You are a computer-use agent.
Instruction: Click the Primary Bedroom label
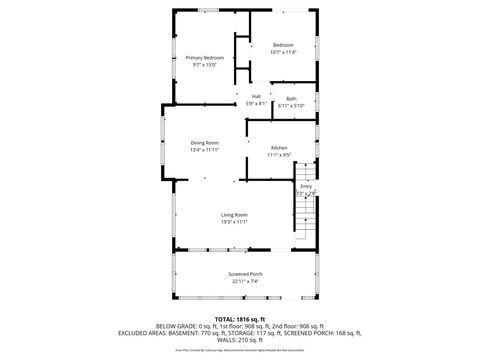click(x=204, y=58)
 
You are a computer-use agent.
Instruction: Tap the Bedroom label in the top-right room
click(x=283, y=45)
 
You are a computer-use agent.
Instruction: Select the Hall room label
click(x=256, y=96)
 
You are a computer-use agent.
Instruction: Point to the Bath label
click(x=291, y=98)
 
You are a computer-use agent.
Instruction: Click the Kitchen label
click(x=279, y=147)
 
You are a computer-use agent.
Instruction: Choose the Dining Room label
click(x=204, y=143)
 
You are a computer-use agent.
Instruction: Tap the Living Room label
click(x=234, y=214)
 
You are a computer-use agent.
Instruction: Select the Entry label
click(x=306, y=186)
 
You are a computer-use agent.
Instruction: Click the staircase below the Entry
click(x=305, y=220)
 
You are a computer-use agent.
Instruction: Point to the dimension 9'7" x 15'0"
click(x=204, y=65)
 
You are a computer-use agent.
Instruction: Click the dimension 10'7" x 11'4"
click(x=283, y=52)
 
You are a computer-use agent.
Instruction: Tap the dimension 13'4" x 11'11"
click(x=204, y=150)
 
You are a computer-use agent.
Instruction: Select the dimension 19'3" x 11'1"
click(x=234, y=221)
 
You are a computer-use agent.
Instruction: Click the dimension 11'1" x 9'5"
click(x=279, y=154)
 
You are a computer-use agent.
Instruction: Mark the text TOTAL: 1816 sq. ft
click(x=240, y=319)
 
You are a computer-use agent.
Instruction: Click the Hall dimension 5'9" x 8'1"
click(x=256, y=103)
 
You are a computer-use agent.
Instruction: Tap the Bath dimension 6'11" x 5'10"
click(x=291, y=105)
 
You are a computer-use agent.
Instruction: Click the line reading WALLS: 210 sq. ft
click(x=240, y=340)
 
